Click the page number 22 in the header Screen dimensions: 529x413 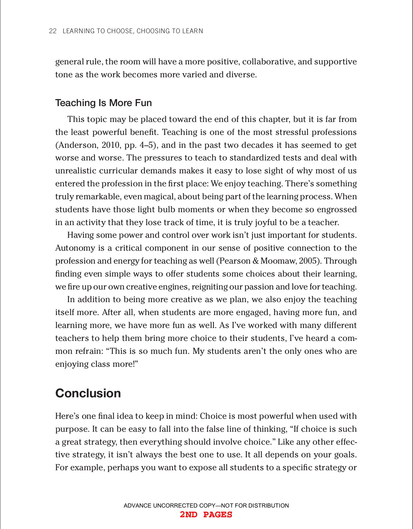[53, 31]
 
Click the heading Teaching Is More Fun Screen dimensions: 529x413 [103, 103]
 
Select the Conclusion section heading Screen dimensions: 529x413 [88, 393]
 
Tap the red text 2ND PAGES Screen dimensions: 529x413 [206, 515]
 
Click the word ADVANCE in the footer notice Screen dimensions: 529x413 [138, 505]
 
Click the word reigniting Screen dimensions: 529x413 [209, 287]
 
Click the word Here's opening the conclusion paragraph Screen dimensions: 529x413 [67, 416]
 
